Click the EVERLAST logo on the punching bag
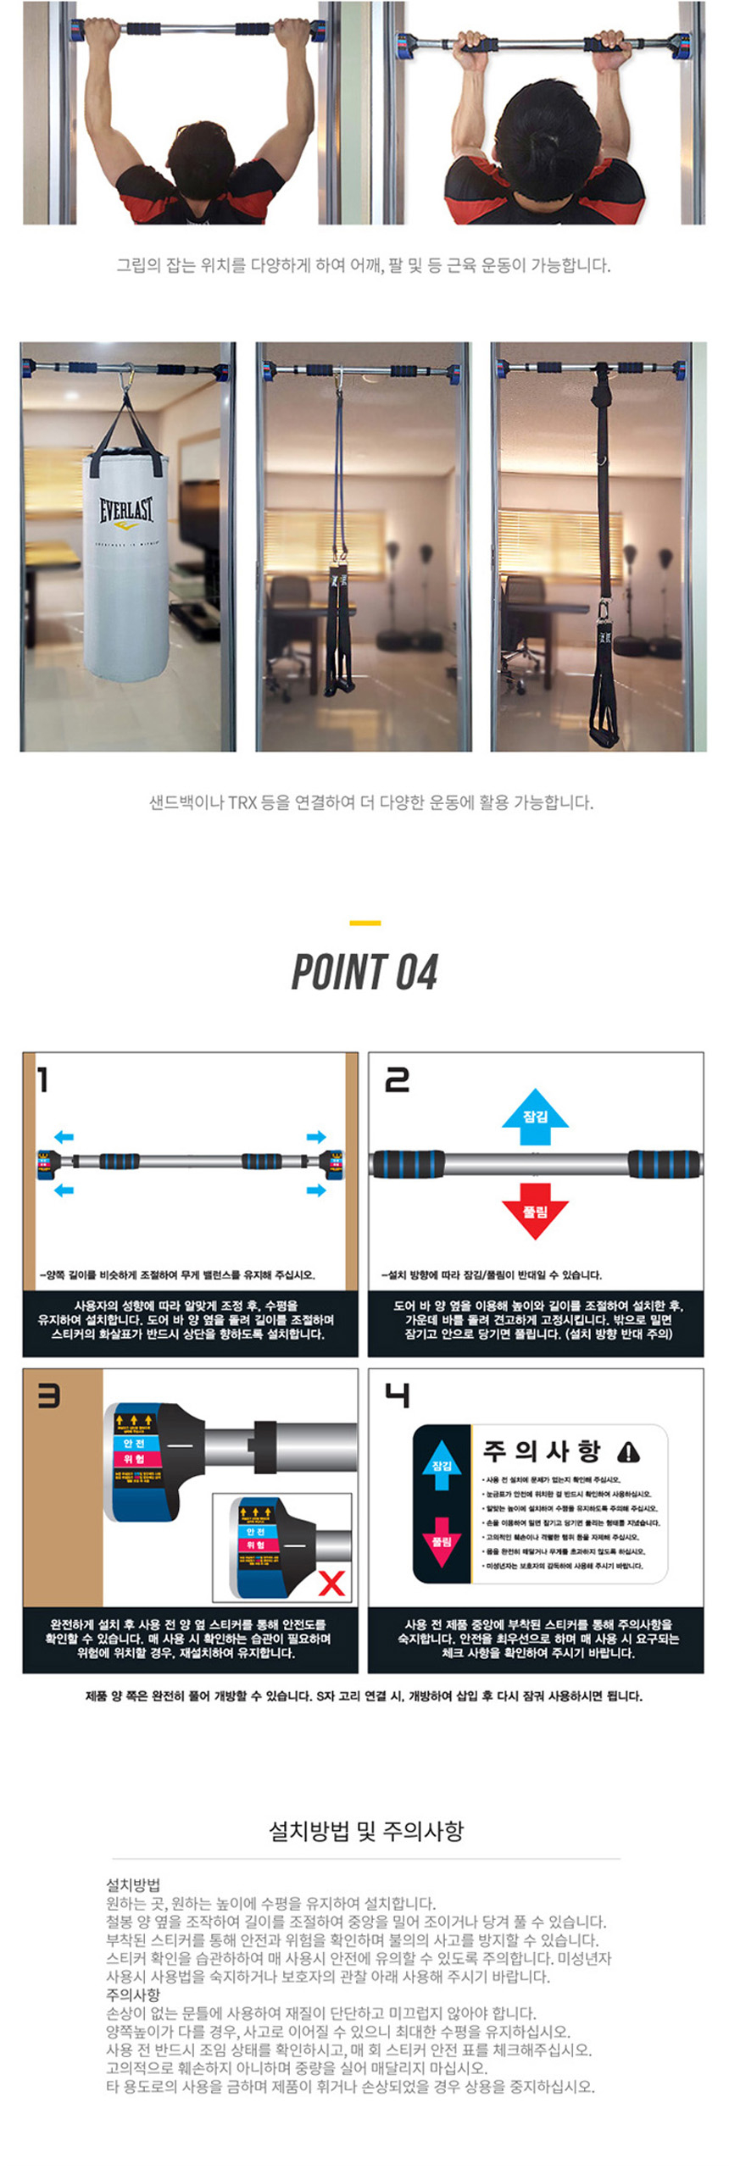coord(126,510)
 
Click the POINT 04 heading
coord(364,972)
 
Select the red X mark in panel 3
coord(331,1583)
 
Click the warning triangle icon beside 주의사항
coord(628,1452)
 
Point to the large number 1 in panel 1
coord(42,1079)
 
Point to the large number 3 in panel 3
coord(48,1395)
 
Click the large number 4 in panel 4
coord(397,1395)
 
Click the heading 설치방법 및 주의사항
coord(365,1831)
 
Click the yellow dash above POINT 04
coord(364,923)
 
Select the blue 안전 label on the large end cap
coord(134,1443)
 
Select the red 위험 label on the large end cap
coord(134,1458)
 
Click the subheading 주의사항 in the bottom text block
coord(132,1994)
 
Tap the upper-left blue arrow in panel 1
coord(64,1137)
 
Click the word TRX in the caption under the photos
coord(242,802)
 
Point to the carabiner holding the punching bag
coord(128,379)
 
